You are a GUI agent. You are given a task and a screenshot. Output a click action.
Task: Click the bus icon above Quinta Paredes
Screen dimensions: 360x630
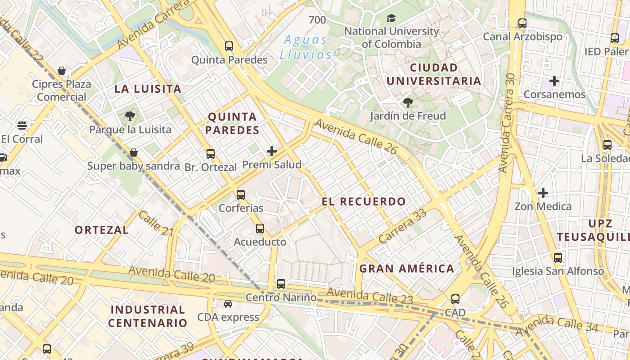click(x=229, y=46)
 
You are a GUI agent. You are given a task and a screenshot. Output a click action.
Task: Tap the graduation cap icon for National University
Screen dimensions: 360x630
click(x=391, y=18)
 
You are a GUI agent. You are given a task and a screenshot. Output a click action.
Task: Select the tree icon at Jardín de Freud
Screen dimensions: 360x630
click(x=408, y=103)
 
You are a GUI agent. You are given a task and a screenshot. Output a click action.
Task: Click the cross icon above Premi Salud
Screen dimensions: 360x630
click(x=272, y=151)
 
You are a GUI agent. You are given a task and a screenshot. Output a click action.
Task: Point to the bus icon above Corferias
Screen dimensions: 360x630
click(x=241, y=195)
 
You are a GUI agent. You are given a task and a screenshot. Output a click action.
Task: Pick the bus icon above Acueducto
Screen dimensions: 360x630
click(x=260, y=229)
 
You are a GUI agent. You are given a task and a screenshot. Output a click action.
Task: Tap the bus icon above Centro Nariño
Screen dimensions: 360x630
click(x=281, y=284)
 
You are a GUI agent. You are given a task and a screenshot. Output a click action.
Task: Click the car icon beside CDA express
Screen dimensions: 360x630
click(x=228, y=304)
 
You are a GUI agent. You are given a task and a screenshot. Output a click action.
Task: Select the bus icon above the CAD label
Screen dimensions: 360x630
click(x=455, y=299)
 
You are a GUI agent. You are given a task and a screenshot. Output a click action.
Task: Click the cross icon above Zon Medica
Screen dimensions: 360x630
click(x=543, y=193)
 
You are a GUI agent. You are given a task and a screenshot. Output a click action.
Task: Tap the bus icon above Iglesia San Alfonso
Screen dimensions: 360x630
click(x=558, y=258)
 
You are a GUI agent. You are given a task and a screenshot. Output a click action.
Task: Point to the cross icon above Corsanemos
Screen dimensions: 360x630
click(x=554, y=81)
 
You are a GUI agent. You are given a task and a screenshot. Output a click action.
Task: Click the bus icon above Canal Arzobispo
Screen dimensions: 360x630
click(x=522, y=23)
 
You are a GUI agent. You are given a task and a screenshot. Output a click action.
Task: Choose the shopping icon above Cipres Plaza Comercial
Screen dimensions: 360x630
click(x=62, y=71)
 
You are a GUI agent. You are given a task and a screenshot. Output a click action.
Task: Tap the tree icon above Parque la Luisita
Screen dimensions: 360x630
click(x=130, y=116)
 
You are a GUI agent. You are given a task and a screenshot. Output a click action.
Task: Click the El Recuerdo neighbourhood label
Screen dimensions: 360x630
click(x=364, y=201)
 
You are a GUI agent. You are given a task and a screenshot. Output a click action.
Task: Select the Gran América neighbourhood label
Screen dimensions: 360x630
click(x=407, y=269)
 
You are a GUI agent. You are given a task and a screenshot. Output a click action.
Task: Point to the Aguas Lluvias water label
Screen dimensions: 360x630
click(x=306, y=47)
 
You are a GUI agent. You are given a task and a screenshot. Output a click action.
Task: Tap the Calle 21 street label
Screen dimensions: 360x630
click(x=156, y=224)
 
